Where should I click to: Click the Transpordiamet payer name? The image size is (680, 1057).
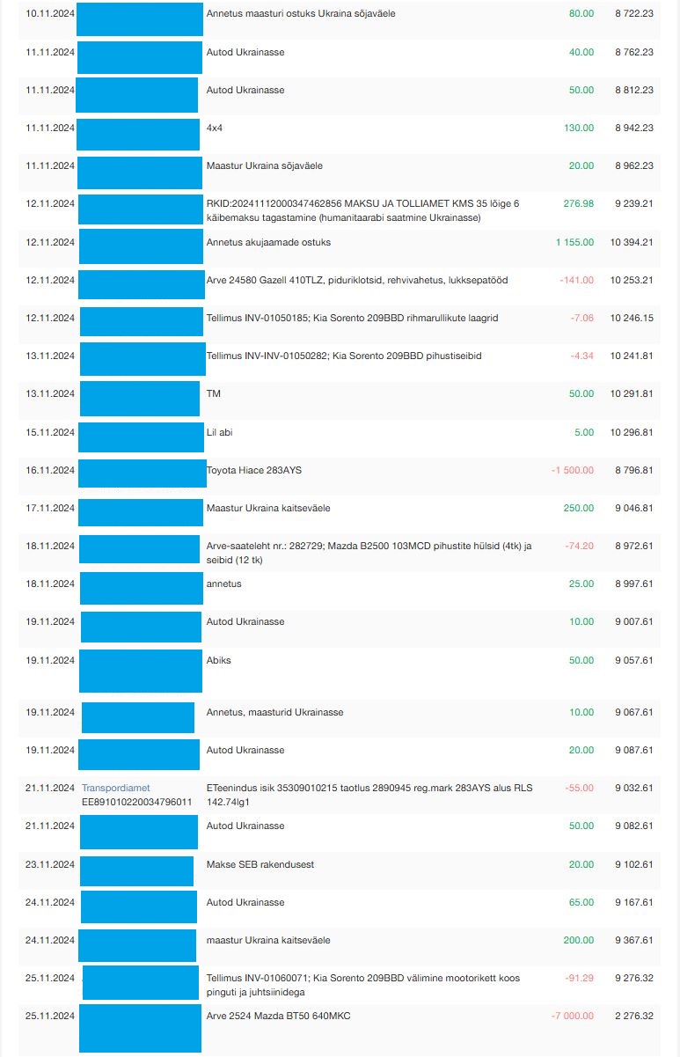point(115,788)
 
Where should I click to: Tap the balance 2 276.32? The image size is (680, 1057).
point(632,1016)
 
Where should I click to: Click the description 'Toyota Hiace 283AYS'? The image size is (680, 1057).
point(253,470)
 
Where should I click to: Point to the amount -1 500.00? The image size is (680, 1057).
point(572,470)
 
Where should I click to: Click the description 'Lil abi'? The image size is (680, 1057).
point(219,432)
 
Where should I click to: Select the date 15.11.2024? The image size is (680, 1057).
point(50,432)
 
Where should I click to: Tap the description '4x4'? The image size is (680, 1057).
point(215,128)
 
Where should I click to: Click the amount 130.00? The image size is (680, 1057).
point(579,128)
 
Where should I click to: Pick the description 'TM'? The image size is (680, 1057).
point(213,393)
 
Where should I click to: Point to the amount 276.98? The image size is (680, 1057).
point(579,203)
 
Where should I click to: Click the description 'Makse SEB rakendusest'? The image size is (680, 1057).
point(260,864)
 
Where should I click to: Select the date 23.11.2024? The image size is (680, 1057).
point(50,864)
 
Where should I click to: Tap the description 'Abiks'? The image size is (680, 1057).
point(218,660)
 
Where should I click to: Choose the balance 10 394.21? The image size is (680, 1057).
point(631,242)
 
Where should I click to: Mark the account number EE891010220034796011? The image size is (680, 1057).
point(136,801)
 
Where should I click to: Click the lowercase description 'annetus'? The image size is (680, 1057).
point(223,584)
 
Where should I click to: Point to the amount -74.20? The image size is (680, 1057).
point(577,546)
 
